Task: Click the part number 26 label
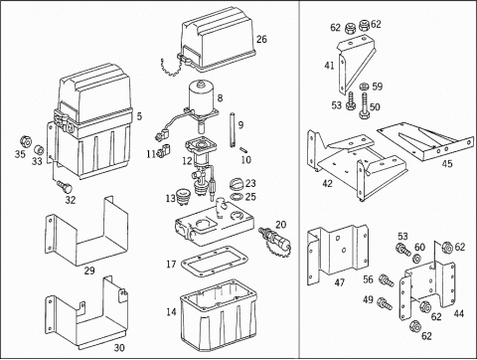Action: [x=261, y=39]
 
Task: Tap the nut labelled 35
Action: [x=26, y=141]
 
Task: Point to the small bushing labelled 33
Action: [x=40, y=150]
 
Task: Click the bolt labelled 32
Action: [x=65, y=187]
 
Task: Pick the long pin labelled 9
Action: [x=233, y=130]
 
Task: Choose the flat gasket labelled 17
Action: [x=215, y=262]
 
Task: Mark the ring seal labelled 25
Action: [x=237, y=197]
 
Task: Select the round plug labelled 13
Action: [x=182, y=197]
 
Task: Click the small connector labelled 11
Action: [x=163, y=150]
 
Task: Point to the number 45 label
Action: [x=447, y=163]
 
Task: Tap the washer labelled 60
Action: [x=416, y=258]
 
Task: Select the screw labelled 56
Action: [x=387, y=280]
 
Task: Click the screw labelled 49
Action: [x=385, y=303]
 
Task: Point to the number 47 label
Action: [x=340, y=282]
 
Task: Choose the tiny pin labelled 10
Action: [x=244, y=149]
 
